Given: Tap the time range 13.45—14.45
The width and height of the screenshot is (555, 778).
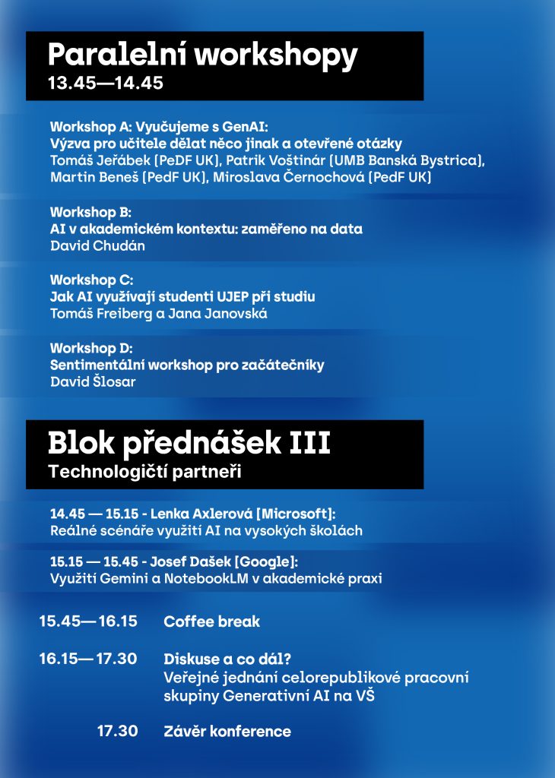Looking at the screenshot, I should pyautogui.click(x=106, y=84).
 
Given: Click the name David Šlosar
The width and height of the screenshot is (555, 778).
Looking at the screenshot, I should pyautogui.click(x=93, y=381).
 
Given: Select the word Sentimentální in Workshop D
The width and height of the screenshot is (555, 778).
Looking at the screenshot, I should pyautogui.click(x=97, y=365).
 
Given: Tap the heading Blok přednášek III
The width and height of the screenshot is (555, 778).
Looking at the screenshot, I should pyautogui.click(x=189, y=443).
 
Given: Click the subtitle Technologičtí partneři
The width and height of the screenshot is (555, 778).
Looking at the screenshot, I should pyautogui.click(x=144, y=472).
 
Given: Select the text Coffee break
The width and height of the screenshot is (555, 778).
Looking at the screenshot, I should pyautogui.click(x=211, y=621).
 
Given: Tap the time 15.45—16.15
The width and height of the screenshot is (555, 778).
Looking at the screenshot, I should pyautogui.click(x=88, y=621).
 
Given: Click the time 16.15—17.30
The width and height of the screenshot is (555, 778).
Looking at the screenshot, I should pyautogui.click(x=88, y=659).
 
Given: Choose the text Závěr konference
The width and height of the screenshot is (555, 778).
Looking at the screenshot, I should pyautogui.click(x=227, y=732).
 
